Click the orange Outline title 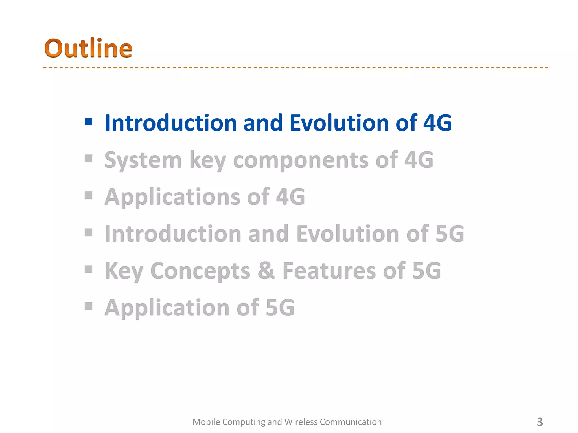tap(88, 48)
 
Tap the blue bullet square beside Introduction tap(88, 122)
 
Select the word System tap(143, 160)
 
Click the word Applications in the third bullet tap(172, 197)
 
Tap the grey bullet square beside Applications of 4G tap(88, 195)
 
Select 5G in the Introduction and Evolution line tap(450, 234)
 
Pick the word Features tap(329, 271)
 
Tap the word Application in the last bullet tap(167, 308)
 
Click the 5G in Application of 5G tap(280, 308)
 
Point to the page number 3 tap(540, 422)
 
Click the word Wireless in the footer tap(301, 422)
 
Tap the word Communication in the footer tap(351, 422)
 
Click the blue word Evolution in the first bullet tap(339, 123)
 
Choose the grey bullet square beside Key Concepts tap(88, 269)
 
